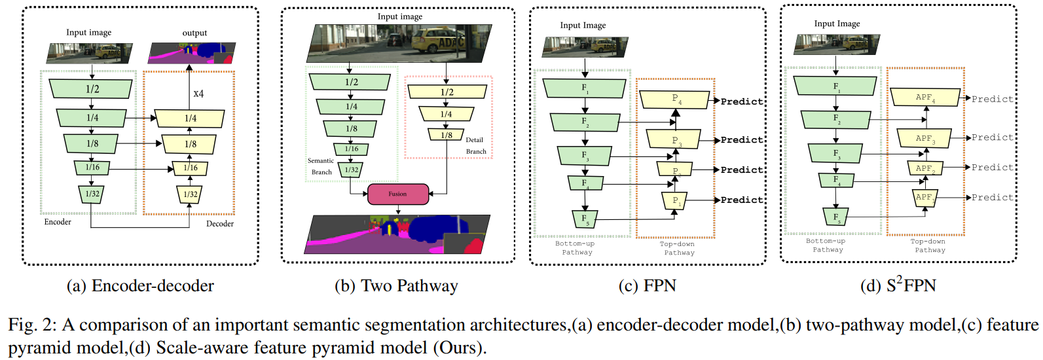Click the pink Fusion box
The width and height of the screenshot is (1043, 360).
(x=398, y=194)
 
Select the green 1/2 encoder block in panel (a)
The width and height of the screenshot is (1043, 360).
(x=92, y=89)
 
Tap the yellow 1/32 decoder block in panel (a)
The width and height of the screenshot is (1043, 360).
(x=191, y=194)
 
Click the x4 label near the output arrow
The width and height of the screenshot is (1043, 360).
(x=198, y=94)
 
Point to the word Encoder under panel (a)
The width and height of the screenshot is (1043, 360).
(x=58, y=222)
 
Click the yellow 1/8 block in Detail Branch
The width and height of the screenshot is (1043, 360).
(x=446, y=135)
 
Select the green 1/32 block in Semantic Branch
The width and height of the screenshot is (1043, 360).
(x=352, y=170)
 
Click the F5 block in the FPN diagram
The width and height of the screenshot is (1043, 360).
(x=585, y=219)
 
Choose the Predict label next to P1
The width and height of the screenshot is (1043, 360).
(x=742, y=200)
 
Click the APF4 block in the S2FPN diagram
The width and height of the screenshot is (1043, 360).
(x=925, y=98)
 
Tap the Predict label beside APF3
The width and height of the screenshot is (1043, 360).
(x=992, y=137)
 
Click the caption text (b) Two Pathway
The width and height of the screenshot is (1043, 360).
(x=396, y=286)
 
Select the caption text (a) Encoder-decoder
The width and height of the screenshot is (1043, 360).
(x=140, y=286)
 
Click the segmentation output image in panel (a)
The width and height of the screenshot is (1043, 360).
(x=191, y=53)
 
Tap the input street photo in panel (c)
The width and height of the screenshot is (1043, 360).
(x=585, y=47)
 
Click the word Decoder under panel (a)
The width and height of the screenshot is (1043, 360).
(x=220, y=224)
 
